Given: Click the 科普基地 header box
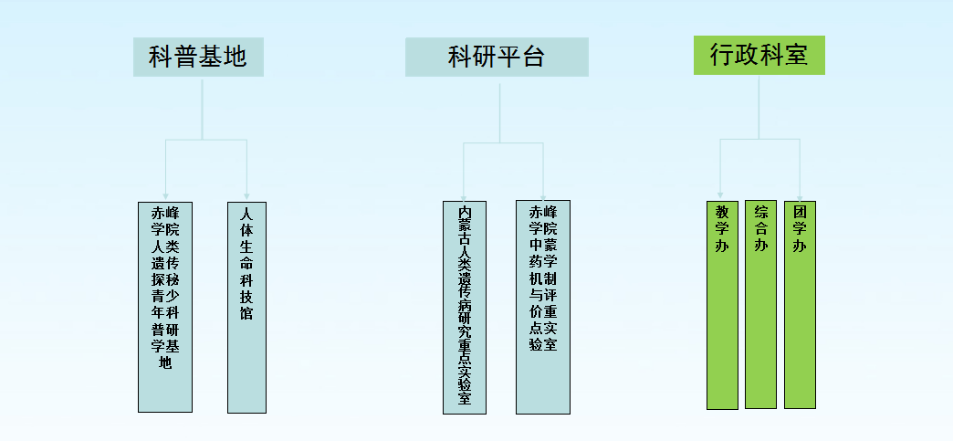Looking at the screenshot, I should coord(198,57).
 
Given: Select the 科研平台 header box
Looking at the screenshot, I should coord(497,57).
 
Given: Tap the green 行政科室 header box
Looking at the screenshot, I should coord(759,55).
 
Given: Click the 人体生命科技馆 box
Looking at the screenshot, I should coord(246,306).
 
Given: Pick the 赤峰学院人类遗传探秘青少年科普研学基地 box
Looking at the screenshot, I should coord(165,306).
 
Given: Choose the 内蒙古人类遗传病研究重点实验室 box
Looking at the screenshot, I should coord(465,307).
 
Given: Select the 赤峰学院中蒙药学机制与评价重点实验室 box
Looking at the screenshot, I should coord(543,307).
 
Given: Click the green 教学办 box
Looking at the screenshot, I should coord(722,304).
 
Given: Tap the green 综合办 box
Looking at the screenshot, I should coord(760,304).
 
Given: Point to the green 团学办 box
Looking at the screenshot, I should coord(800,304).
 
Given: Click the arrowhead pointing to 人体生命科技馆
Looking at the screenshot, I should coord(246,195).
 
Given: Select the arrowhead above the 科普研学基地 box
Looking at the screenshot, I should coord(165,195).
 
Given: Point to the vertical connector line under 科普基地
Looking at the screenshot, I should coord(203,108).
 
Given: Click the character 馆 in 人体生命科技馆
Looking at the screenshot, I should coord(246,313).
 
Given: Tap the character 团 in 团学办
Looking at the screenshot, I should coord(800,212).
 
